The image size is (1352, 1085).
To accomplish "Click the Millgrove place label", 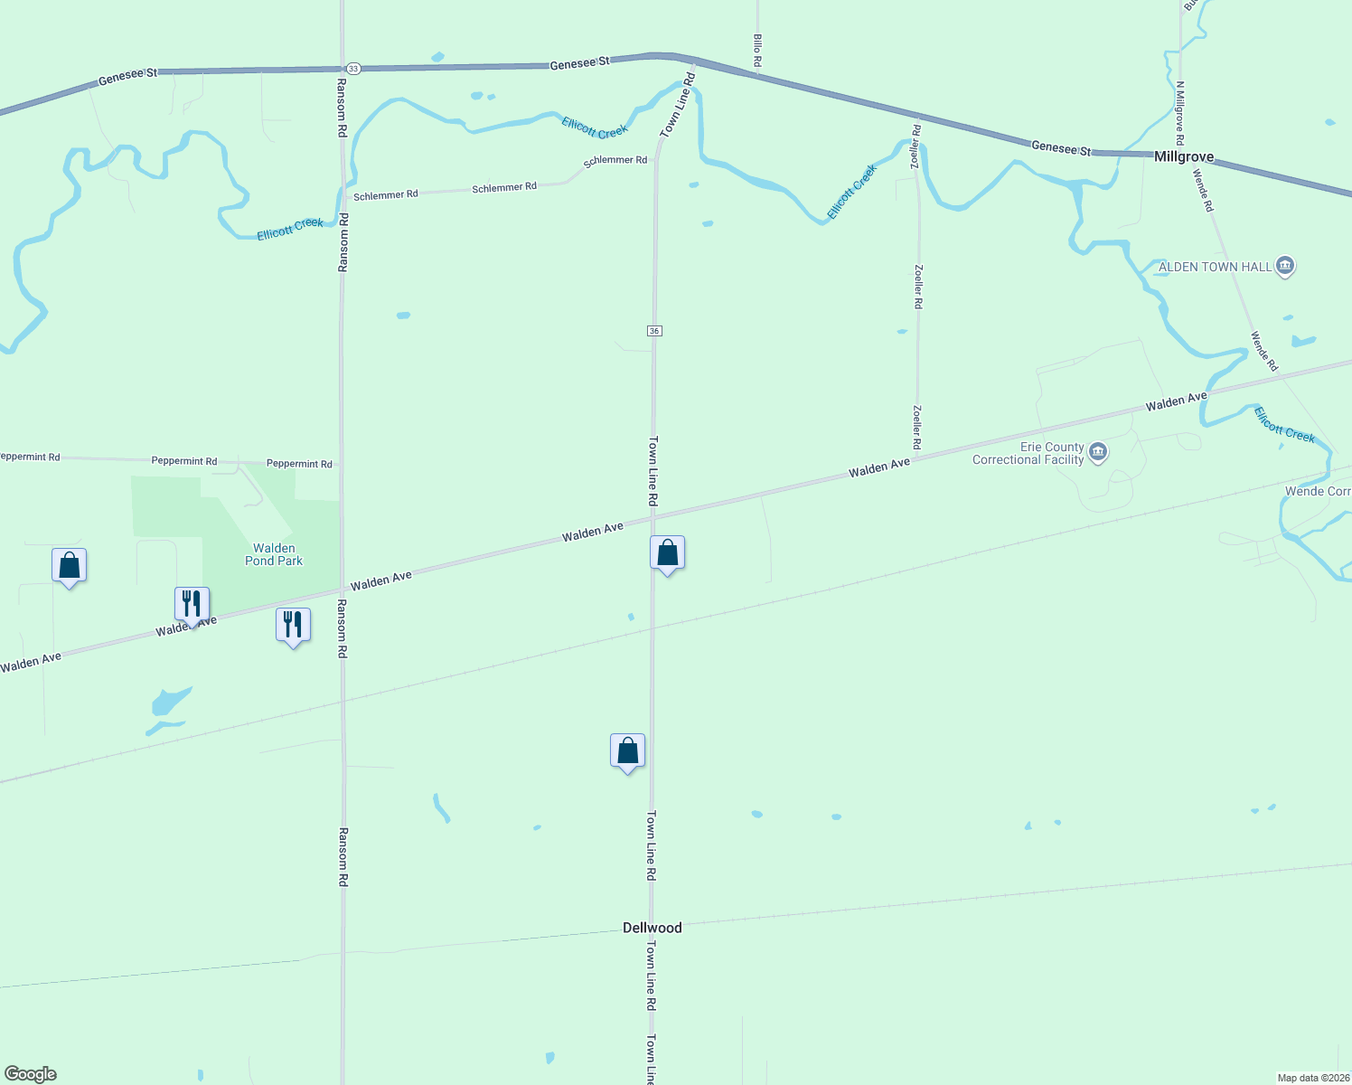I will [1183, 156].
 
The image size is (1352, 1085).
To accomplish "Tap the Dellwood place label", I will [652, 928].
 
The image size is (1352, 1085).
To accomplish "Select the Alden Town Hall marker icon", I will [1285, 266].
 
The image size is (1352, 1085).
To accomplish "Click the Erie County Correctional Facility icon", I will [1098, 452].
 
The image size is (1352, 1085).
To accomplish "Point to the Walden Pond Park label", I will [274, 554].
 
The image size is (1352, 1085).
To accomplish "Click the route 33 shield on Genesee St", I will [353, 69].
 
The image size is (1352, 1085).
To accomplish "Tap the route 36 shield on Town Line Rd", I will [654, 331].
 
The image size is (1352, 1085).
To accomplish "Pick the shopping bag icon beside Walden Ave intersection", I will [667, 553].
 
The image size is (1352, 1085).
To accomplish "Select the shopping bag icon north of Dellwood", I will [627, 751].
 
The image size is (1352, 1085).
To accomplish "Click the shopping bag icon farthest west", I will [69, 566].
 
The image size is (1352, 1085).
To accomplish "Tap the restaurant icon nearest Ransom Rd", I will [293, 625].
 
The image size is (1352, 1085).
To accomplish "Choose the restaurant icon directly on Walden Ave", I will [192, 604].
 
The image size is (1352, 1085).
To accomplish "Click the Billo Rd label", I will [757, 51].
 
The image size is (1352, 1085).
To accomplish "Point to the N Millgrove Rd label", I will [1179, 113].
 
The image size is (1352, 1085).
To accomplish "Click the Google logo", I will [30, 1074].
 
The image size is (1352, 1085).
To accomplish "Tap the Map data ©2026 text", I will [1313, 1078].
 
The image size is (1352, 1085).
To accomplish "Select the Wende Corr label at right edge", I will [1318, 491].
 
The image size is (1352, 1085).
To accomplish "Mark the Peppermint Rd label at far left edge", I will [30, 457].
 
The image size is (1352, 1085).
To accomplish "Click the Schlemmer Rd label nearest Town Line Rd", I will [615, 161].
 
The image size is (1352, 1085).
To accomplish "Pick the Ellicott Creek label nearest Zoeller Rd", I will [852, 192].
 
